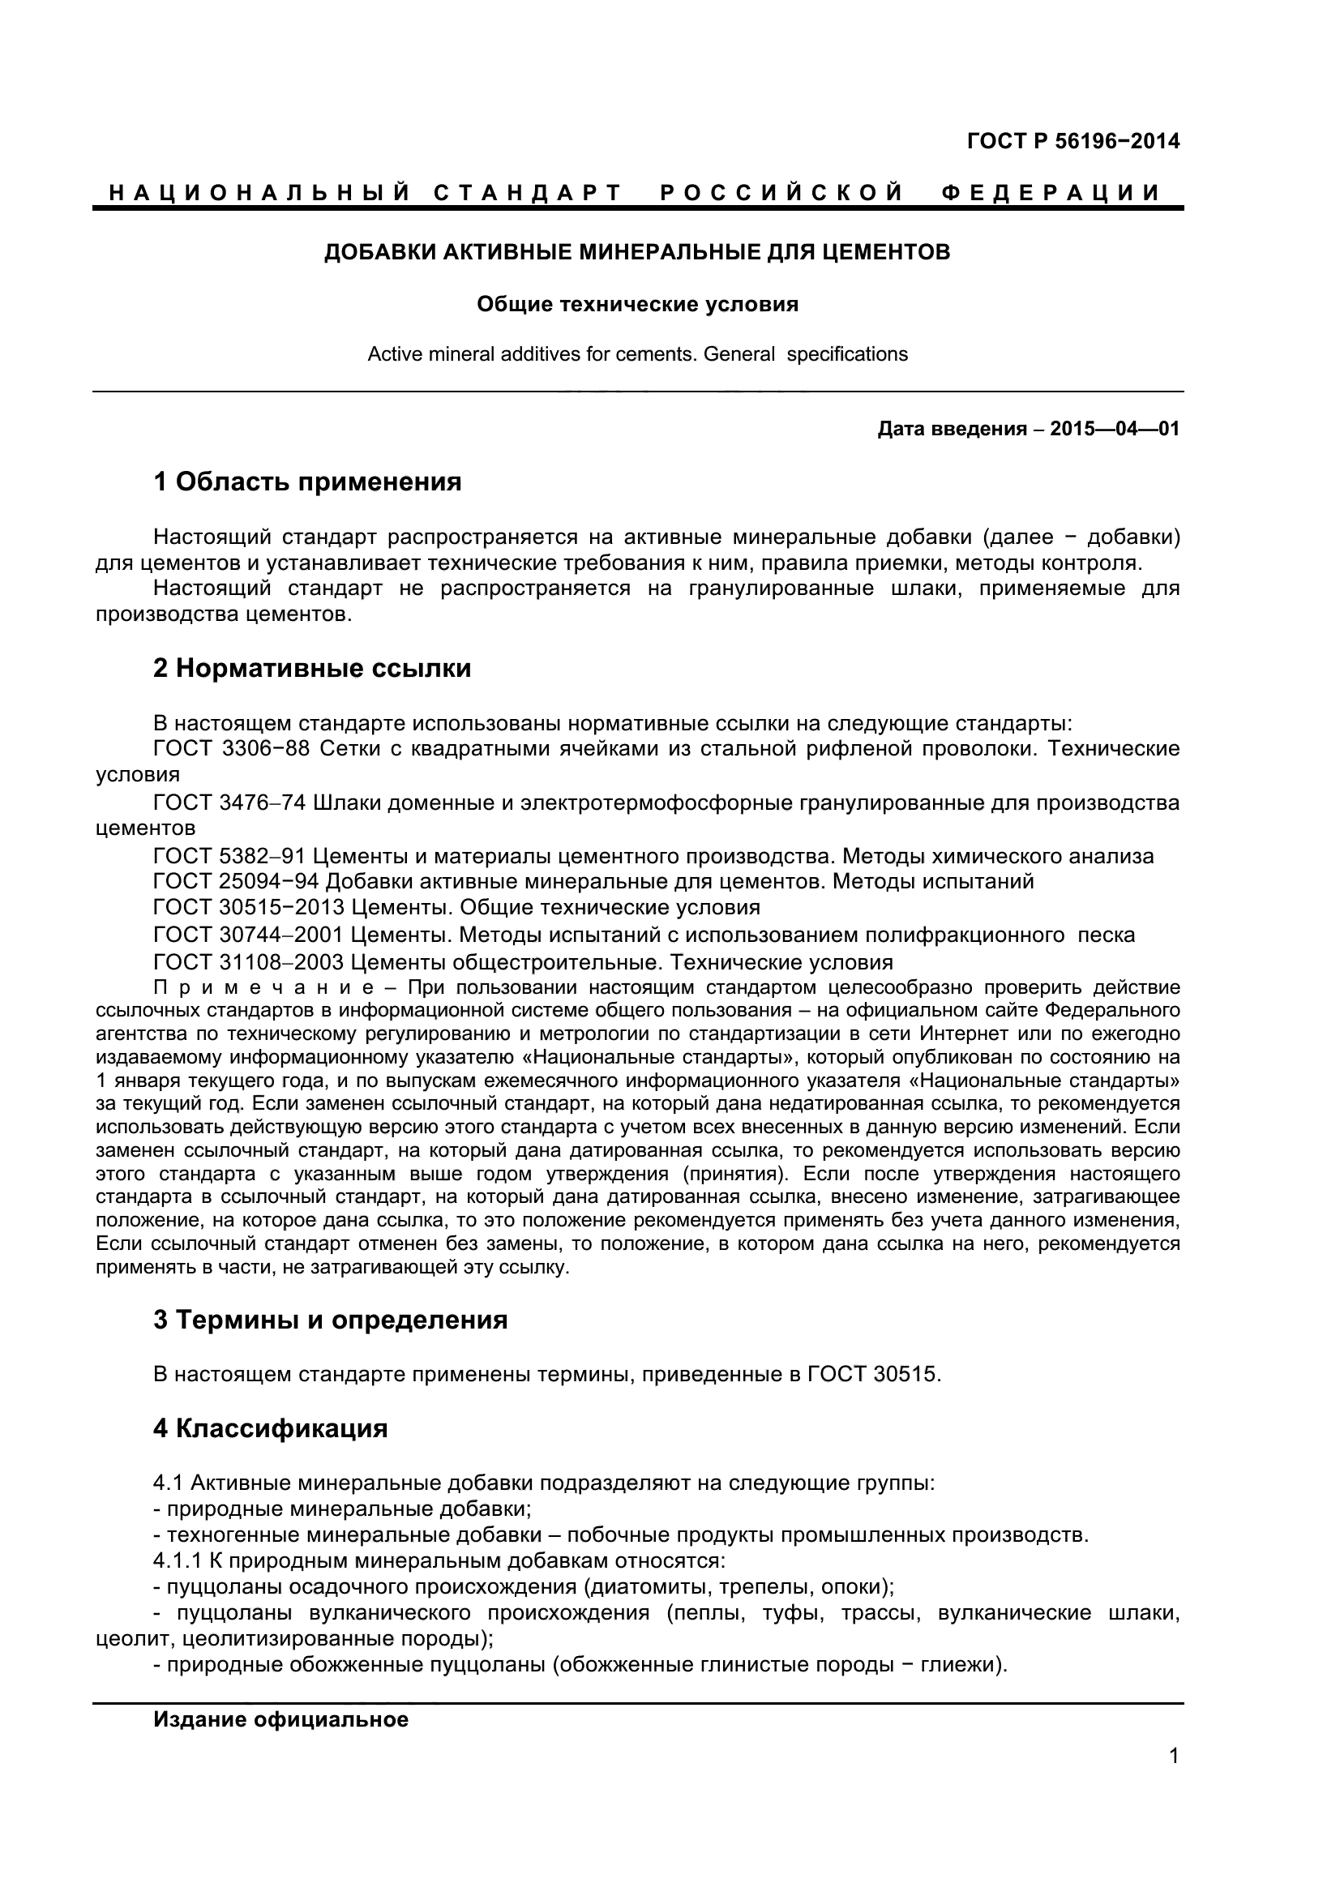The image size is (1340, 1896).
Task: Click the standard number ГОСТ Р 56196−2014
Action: coord(1072,141)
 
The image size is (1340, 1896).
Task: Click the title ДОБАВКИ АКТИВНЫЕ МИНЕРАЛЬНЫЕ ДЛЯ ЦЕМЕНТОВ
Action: coord(636,252)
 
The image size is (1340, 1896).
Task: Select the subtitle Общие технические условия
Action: coord(636,305)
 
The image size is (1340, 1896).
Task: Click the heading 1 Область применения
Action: coord(307,481)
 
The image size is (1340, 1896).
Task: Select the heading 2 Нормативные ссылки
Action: coord(312,668)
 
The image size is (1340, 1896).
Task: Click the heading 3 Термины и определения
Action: coord(330,1320)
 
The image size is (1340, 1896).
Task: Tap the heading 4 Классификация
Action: coord(270,1427)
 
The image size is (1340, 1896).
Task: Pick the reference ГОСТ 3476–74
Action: coord(230,802)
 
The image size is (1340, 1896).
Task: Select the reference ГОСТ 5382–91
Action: coord(230,856)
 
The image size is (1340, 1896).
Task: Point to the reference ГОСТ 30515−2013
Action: coord(249,908)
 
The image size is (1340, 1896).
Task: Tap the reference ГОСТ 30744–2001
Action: coord(249,935)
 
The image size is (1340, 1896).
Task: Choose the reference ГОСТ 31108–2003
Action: coord(249,962)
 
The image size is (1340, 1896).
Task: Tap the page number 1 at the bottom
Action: coord(1174,1778)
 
